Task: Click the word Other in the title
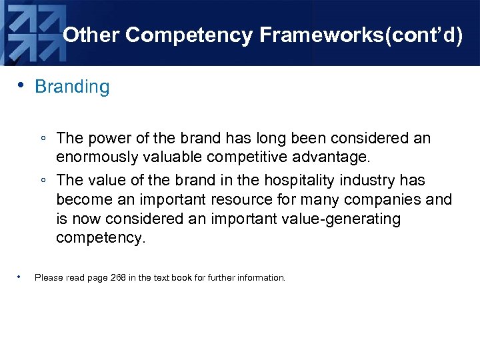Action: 91,35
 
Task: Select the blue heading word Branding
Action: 72,87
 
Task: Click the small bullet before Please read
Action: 21,275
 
